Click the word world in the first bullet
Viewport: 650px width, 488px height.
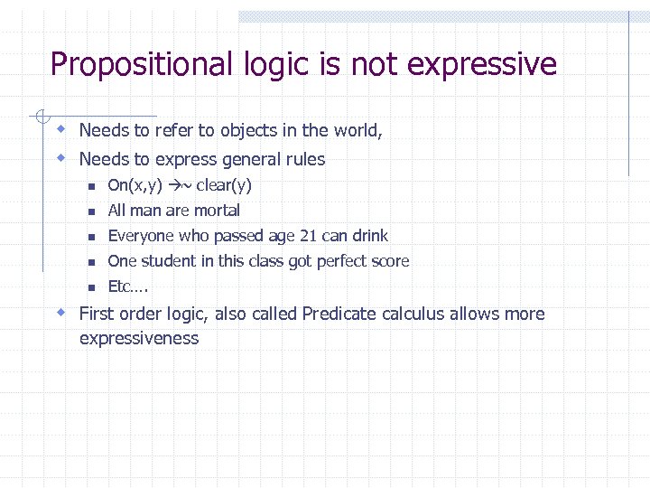pos(357,131)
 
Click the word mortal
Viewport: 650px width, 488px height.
pos(218,211)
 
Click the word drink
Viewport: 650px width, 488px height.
pos(369,236)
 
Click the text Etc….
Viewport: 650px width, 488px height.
pos(128,286)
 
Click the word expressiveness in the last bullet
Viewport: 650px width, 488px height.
pos(139,339)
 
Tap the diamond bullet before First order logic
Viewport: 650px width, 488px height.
pos(60,313)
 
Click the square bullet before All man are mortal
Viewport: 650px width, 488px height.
pos(91,211)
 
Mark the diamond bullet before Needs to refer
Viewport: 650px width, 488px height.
pos(60,129)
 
